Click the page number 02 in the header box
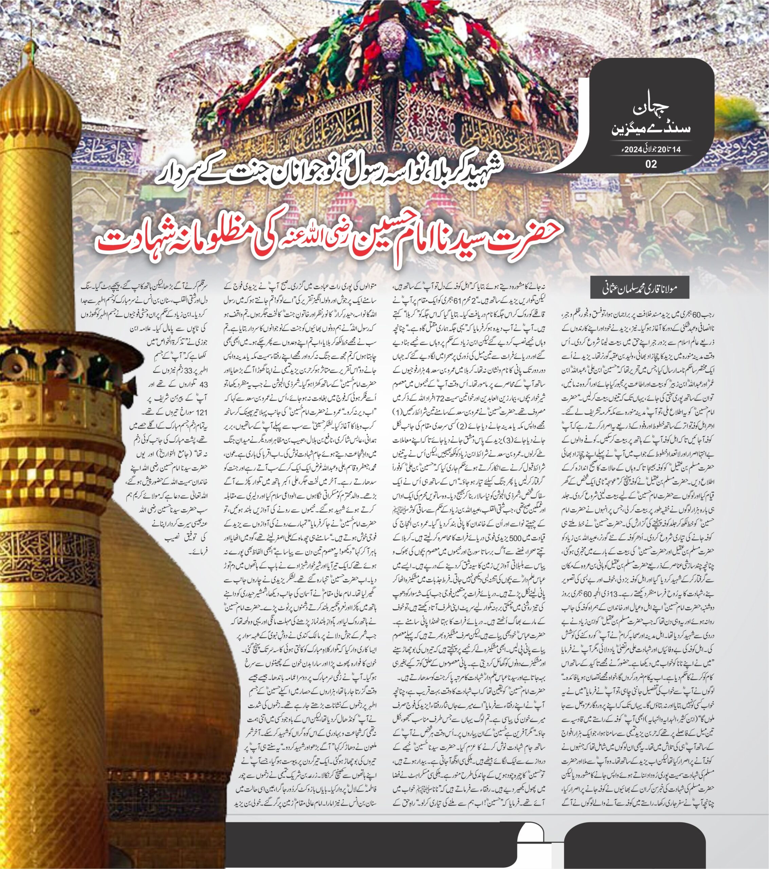coord(651,164)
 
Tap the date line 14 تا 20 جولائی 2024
coord(651,149)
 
